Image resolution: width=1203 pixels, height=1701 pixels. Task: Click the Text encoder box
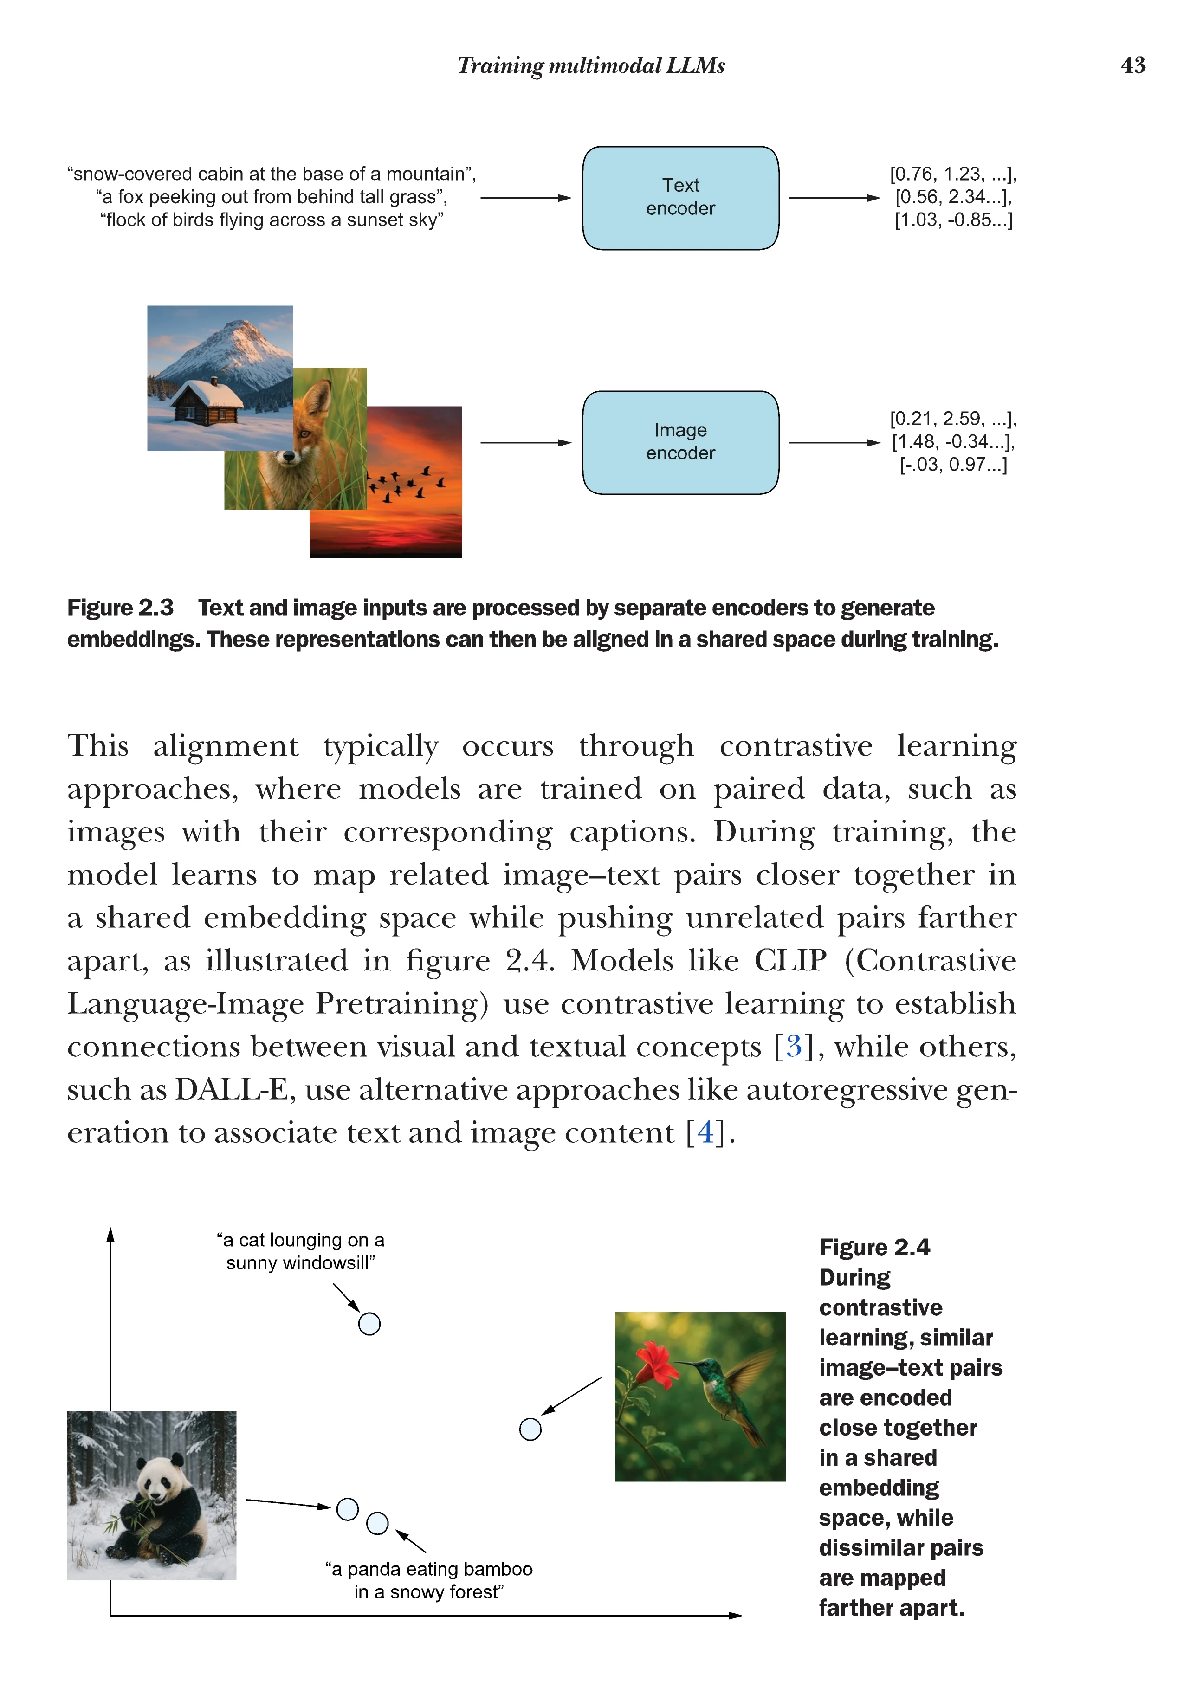[x=680, y=198]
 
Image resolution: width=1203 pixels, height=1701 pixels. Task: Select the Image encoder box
[x=680, y=442]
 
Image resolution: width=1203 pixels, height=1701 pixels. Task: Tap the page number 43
[x=1132, y=65]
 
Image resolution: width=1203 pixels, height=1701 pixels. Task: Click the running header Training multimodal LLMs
[x=590, y=65]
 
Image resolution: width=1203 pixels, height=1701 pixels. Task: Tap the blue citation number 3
[x=793, y=1046]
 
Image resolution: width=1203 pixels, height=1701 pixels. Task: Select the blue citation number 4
[x=705, y=1132]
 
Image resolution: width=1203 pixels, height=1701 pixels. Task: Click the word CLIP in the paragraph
[x=789, y=960]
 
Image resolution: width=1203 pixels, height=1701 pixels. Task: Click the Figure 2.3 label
[x=120, y=608]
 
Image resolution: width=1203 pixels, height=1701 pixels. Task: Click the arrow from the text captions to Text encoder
[x=526, y=198]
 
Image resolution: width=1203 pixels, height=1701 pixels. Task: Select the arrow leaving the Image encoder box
[x=834, y=442]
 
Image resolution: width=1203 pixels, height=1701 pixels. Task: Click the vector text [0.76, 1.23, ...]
[x=953, y=174]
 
